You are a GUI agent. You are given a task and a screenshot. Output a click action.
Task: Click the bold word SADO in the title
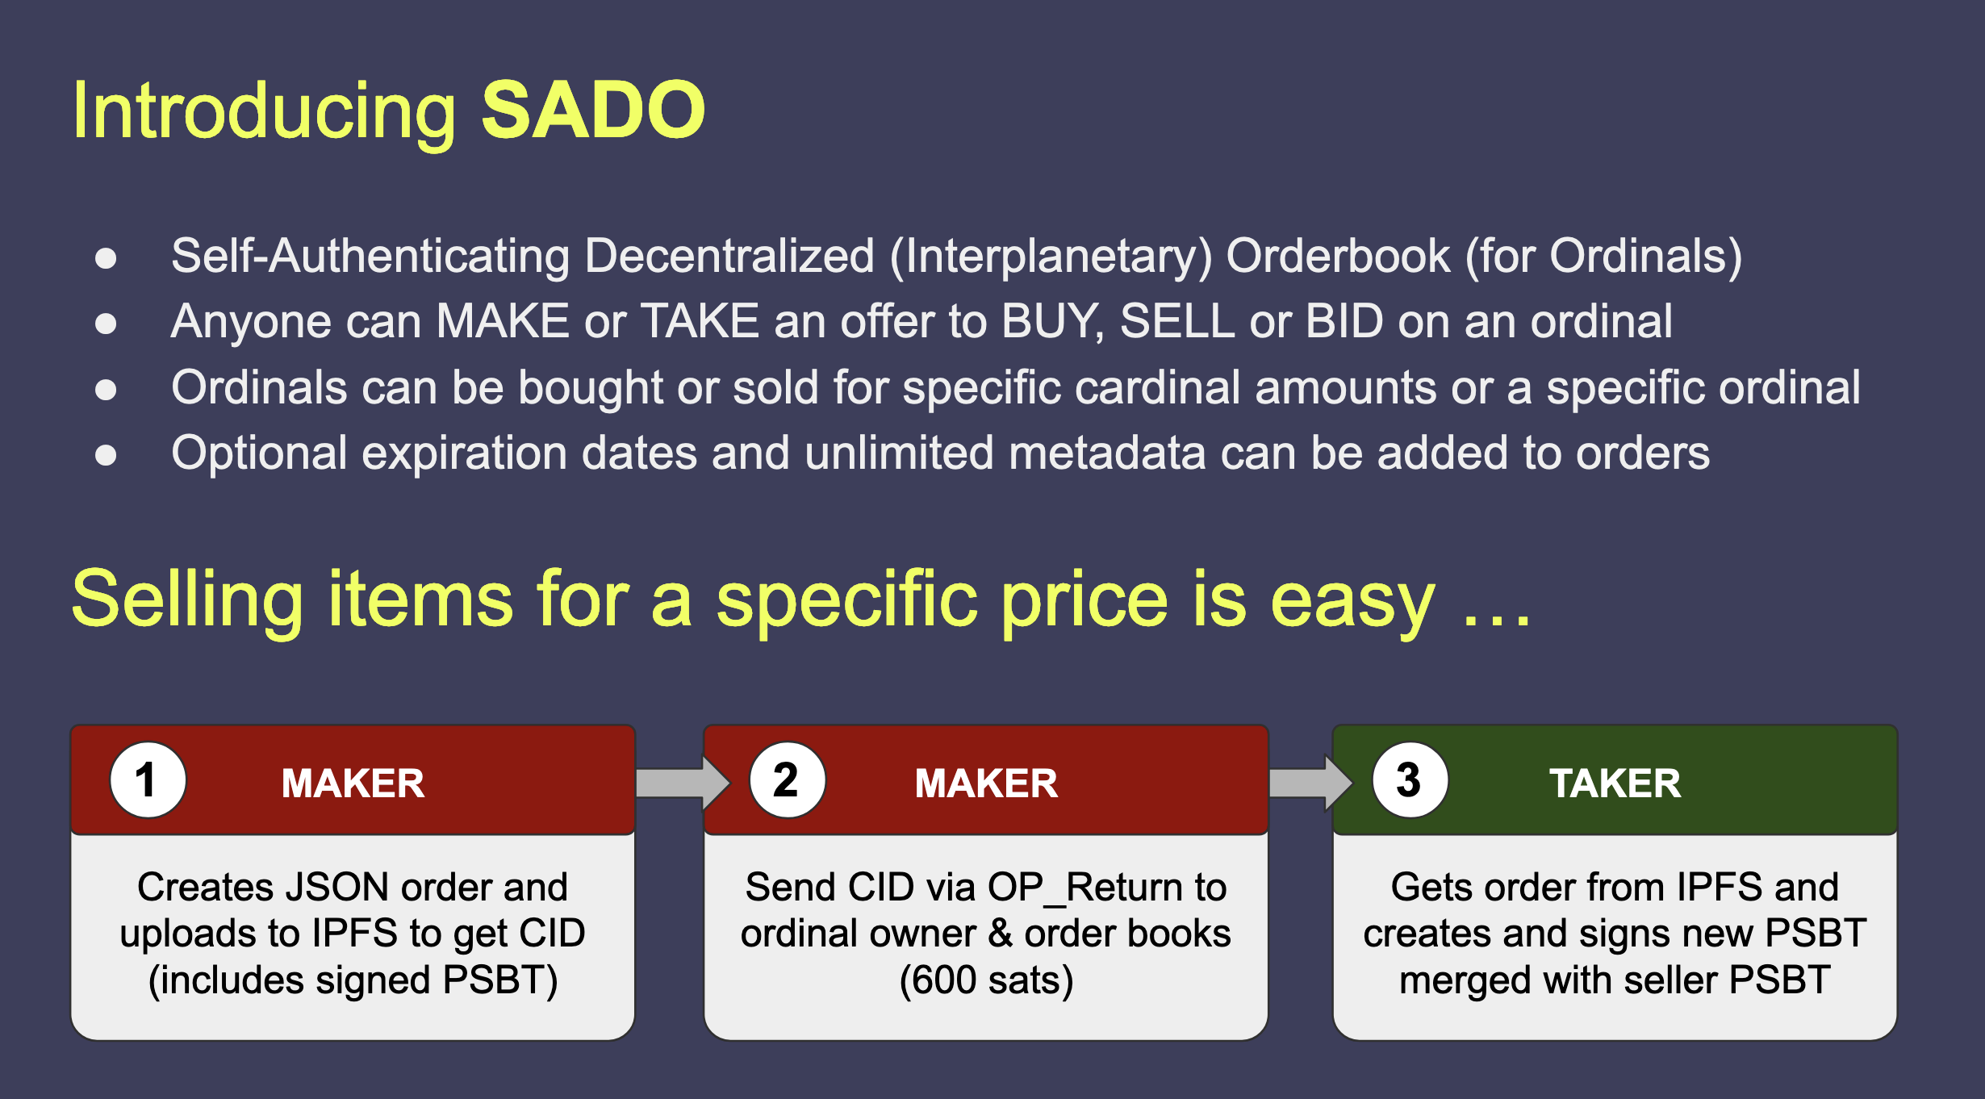coord(593,110)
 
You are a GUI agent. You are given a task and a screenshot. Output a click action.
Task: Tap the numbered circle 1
coord(148,780)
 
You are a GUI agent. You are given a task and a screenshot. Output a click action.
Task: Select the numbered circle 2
coord(787,780)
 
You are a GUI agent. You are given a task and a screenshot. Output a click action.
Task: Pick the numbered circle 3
coord(1410,780)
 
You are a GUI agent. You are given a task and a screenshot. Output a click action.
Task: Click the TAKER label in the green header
coord(1615,783)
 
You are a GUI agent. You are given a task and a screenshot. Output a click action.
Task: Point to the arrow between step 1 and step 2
coord(683,783)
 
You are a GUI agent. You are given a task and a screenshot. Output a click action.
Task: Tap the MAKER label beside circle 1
coord(353,783)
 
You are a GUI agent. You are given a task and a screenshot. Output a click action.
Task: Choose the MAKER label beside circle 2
coord(986,783)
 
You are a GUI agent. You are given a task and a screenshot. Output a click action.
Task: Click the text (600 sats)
coord(986,980)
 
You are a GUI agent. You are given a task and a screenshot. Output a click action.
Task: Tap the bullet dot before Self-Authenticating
coord(106,258)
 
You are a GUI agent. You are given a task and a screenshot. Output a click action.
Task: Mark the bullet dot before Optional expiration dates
coord(106,455)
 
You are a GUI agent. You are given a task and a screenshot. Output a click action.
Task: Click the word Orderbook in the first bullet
coord(1338,256)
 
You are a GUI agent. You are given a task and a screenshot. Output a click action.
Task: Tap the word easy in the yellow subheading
coord(1352,602)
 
